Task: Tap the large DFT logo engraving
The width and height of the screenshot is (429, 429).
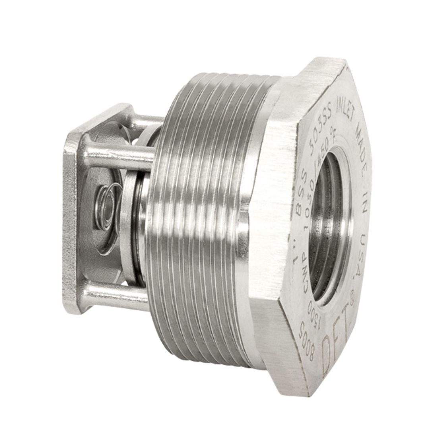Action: (x=337, y=340)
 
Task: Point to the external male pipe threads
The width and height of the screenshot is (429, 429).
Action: (x=199, y=218)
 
